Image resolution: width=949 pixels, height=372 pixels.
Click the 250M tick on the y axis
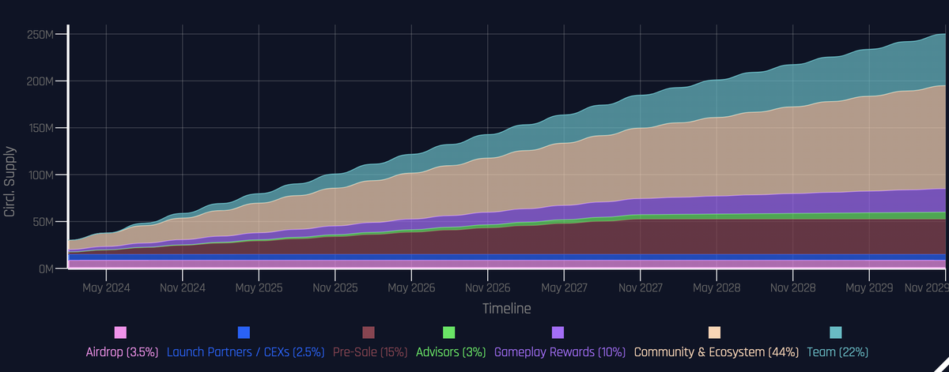click(40, 35)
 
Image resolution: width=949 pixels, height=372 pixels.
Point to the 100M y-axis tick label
click(40, 175)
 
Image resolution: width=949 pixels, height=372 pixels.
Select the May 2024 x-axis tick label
click(106, 288)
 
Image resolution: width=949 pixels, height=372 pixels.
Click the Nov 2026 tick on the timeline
click(487, 288)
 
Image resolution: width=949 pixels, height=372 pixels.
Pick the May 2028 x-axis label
click(716, 288)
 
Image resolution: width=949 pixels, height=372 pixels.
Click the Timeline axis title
click(506, 308)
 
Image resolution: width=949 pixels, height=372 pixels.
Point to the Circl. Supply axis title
click(11, 182)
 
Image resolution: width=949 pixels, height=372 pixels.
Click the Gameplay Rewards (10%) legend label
click(559, 351)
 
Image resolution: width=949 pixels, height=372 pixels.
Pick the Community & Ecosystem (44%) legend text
click(716, 351)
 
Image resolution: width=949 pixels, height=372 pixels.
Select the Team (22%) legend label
click(836, 351)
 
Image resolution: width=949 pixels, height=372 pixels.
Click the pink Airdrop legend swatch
click(120, 333)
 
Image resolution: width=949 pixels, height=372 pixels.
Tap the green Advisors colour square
click(448, 333)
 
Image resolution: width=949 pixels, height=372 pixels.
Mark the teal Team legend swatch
click(836, 333)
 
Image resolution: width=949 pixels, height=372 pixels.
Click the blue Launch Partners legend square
click(244, 333)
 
